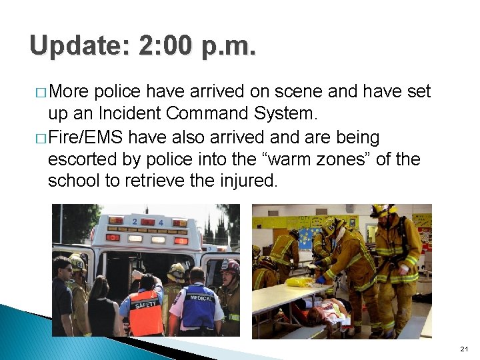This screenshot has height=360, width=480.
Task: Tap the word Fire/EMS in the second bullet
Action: point(85,138)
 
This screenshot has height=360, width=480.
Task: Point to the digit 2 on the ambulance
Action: point(135,222)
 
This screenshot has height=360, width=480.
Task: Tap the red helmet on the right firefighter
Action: point(231,266)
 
